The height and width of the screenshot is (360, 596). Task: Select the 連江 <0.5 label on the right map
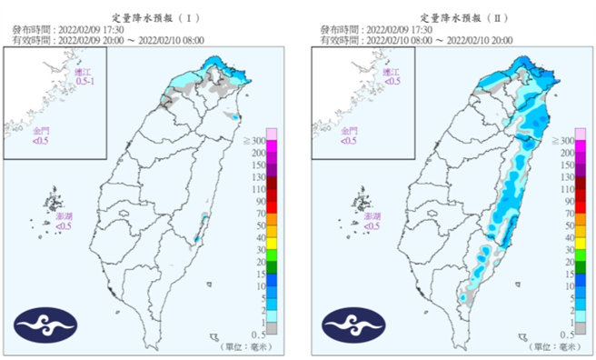point(392,76)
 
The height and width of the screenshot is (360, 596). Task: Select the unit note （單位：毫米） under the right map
point(554,346)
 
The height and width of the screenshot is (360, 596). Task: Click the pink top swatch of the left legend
point(271,134)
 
